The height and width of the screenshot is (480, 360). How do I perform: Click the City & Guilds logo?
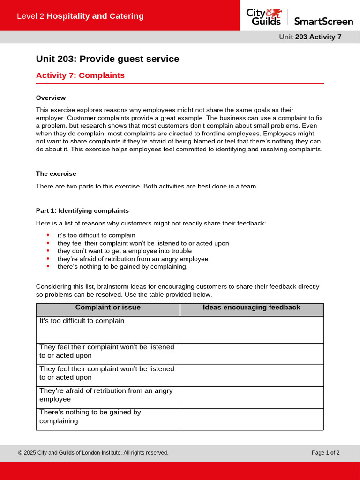coord(264,17)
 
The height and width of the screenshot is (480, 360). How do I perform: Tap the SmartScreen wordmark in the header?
coord(323,21)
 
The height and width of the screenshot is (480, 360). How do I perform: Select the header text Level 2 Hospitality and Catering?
coord(80,16)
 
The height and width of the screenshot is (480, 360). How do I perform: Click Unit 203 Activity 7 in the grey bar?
coord(310,37)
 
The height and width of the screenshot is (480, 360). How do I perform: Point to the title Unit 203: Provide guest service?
coord(107,59)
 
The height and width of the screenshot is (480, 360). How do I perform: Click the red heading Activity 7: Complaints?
coord(80,75)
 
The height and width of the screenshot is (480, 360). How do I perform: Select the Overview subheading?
coord(51,98)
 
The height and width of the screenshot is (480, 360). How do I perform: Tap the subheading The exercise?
coord(56,174)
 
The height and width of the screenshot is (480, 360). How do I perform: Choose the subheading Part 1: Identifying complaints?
coord(82,211)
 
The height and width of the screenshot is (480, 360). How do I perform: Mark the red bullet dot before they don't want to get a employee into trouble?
coord(48,251)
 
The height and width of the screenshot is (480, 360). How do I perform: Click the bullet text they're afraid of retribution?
coord(133,259)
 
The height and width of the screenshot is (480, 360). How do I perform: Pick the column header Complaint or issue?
coord(108,308)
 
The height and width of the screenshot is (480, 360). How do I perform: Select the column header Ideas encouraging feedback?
coord(251,308)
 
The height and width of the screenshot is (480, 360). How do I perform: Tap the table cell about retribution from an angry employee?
coord(106,395)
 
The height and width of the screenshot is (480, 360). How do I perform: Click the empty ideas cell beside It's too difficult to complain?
coord(252,330)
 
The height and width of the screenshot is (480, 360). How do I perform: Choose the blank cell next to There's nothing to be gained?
coord(252,419)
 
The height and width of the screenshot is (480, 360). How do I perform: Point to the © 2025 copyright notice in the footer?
coord(93,453)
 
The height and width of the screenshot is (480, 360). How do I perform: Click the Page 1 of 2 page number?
coord(325,453)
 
